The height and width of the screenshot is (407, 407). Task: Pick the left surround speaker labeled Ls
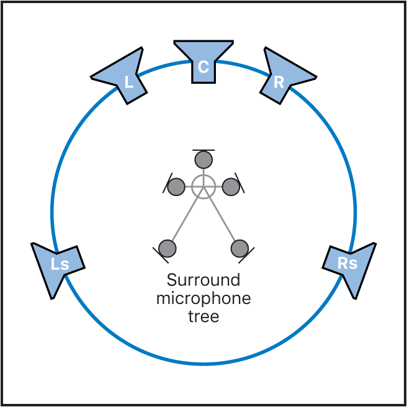(x=57, y=267)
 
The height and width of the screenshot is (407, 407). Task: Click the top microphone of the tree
(x=204, y=160)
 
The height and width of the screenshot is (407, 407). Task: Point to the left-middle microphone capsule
(x=176, y=186)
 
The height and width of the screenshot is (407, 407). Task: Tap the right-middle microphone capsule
(x=231, y=186)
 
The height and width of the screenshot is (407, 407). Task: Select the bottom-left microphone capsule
(x=168, y=248)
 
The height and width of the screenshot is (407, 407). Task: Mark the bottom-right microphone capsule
(x=239, y=248)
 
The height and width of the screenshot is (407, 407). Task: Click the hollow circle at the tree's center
(x=204, y=186)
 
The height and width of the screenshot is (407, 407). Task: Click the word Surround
(x=204, y=280)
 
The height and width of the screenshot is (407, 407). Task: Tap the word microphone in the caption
(x=204, y=298)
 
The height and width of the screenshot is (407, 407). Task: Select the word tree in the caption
(x=204, y=316)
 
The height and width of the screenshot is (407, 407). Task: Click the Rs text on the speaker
(x=347, y=263)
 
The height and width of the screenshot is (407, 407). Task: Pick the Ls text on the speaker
(x=60, y=264)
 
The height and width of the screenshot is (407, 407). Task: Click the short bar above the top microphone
(x=204, y=150)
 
